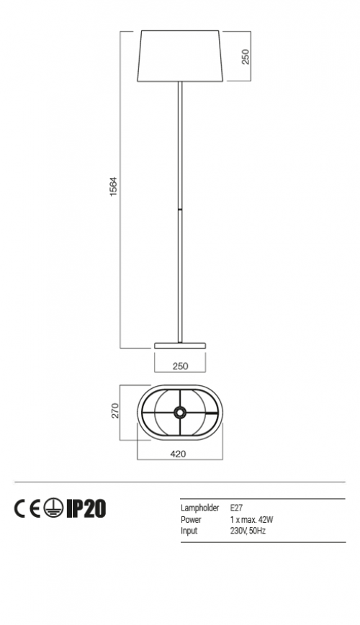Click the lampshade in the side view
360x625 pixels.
coord(180,56)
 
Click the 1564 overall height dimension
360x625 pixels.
coord(114,186)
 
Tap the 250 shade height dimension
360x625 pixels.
coord(246,57)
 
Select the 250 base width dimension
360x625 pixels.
coord(180,366)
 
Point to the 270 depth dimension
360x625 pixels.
coord(114,411)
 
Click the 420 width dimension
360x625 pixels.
coord(179,454)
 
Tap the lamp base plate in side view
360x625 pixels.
coord(180,345)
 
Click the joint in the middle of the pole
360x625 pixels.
coord(180,209)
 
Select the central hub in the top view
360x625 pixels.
coord(180,412)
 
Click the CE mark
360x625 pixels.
coord(27,508)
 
